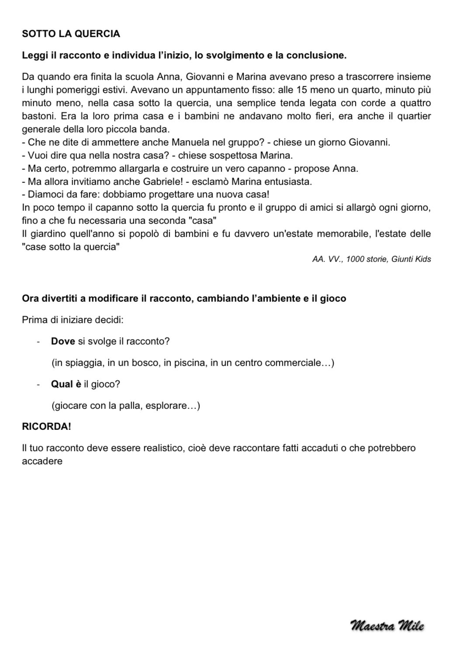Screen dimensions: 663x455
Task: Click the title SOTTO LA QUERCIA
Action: click(x=71, y=34)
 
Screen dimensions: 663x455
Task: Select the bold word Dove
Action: click(x=63, y=341)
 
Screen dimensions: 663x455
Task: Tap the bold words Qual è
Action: click(x=66, y=384)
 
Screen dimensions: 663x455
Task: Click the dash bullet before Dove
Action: click(x=38, y=342)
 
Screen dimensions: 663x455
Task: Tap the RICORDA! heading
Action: click(x=46, y=426)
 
